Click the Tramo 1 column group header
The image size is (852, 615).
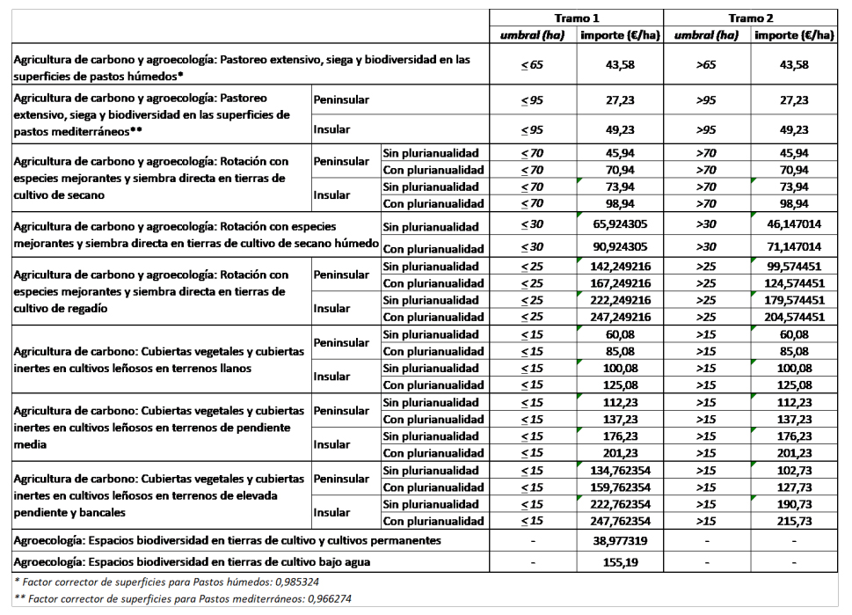click(x=577, y=18)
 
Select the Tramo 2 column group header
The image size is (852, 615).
click(x=750, y=18)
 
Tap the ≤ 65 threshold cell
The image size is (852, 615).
click(x=532, y=65)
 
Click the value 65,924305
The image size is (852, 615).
click(x=620, y=224)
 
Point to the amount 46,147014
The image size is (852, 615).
click(x=793, y=224)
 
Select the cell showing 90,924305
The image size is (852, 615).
click(x=620, y=246)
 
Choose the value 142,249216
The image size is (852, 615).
click(x=620, y=266)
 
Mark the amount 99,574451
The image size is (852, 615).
click(x=793, y=266)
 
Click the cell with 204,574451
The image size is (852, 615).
click(x=793, y=317)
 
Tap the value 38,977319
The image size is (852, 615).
click(x=620, y=540)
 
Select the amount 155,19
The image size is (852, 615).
click(x=620, y=561)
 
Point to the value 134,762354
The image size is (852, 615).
click(x=620, y=470)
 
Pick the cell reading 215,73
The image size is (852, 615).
click(x=793, y=521)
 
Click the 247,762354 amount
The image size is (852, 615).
click(x=620, y=521)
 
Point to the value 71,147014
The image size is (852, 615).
click(x=793, y=246)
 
